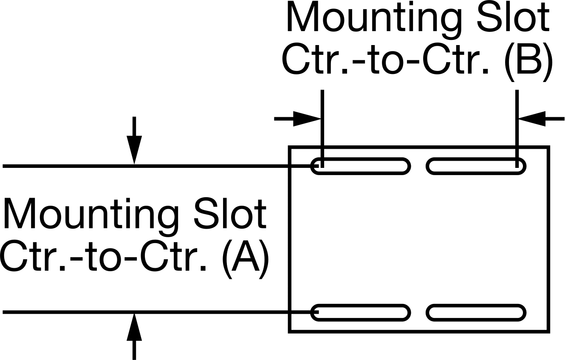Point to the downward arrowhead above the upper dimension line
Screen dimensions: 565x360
point(134,150)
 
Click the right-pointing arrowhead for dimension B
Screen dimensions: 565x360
point(307,119)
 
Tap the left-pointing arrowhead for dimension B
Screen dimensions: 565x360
point(531,119)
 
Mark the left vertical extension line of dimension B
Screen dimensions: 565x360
point(322,128)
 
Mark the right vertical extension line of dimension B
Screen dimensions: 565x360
point(517,128)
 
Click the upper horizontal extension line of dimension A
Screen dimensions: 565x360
point(161,166)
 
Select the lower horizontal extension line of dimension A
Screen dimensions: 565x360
point(161,312)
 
